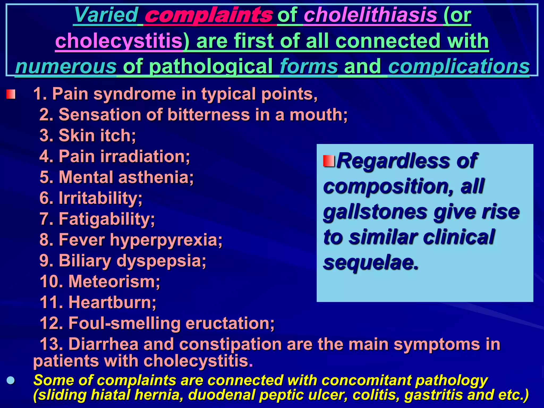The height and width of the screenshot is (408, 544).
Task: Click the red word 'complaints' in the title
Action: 209,15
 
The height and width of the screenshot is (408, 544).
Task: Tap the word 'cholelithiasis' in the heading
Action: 370,15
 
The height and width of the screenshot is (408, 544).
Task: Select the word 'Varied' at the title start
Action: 106,15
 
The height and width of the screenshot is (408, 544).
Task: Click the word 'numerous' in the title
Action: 66,66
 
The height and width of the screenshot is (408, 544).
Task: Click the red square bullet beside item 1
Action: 11,94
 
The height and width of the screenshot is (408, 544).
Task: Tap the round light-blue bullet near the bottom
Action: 11,380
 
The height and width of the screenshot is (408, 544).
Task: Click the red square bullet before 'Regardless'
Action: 329,161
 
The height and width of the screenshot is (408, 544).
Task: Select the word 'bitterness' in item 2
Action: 209,115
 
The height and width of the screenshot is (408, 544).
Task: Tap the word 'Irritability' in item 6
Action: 98,198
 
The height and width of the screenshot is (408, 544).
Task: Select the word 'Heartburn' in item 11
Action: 110,302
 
